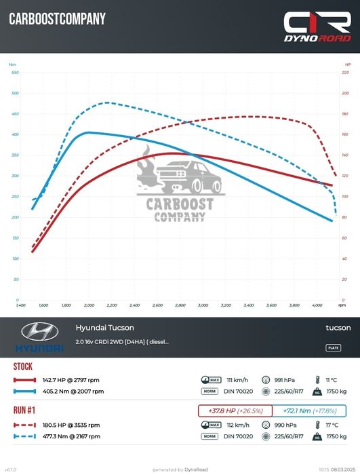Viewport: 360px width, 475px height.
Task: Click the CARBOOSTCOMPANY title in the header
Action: click(x=57, y=20)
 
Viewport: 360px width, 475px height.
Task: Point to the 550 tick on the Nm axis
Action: click(x=15, y=72)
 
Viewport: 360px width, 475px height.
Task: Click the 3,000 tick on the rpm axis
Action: click(x=203, y=305)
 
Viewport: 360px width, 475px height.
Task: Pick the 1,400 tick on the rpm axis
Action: click(x=21, y=305)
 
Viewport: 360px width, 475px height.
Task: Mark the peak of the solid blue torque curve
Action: click(x=89, y=132)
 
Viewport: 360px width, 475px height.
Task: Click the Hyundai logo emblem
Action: click(x=40, y=332)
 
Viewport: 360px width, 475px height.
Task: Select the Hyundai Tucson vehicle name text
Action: click(x=100, y=327)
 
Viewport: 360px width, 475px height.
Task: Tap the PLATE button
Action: click(x=334, y=347)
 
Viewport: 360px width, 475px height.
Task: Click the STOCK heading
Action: click(x=23, y=366)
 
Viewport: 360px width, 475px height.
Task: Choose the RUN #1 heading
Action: click(x=26, y=410)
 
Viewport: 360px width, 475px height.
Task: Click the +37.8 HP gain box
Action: click(x=235, y=411)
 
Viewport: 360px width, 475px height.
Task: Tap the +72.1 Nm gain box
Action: click(x=309, y=411)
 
